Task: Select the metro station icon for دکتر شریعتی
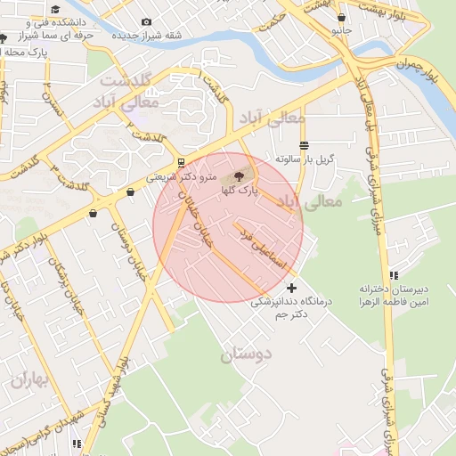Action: click(182, 163)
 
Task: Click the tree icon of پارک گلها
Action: click(238, 175)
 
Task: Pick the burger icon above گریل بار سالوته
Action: click(305, 144)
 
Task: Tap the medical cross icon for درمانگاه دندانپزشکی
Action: click(292, 288)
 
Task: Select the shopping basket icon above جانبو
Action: click(341, 16)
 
